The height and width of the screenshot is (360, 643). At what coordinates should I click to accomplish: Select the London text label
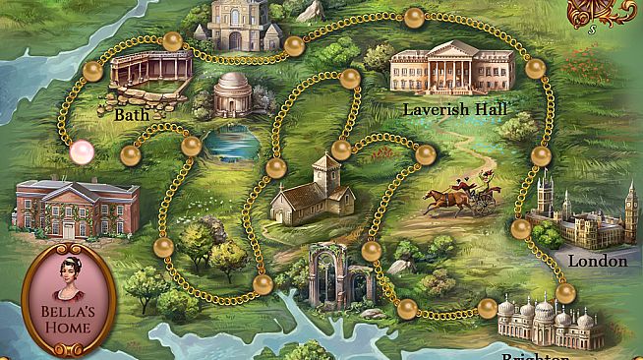coord(598,262)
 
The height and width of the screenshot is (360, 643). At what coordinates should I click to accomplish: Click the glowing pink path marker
coord(82,151)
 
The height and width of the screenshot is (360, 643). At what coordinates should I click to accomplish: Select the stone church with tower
coord(313,191)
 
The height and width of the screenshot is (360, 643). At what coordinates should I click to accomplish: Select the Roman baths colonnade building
coord(150,76)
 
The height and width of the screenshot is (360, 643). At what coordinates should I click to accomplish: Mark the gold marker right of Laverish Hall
coord(535,69)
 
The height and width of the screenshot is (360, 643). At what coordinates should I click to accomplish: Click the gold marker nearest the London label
coord(564,292)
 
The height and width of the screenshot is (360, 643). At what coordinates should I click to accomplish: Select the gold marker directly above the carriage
coord(425,154)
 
